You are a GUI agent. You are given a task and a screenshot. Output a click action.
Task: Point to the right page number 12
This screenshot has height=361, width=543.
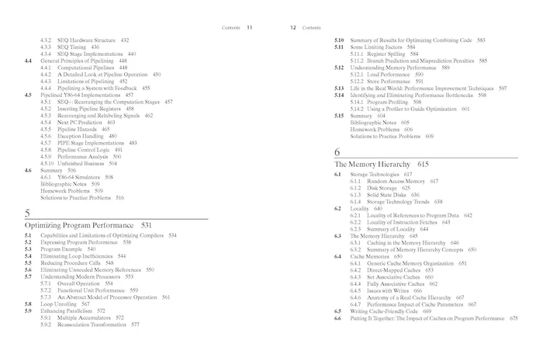pyautogui.click(x=294, y=27)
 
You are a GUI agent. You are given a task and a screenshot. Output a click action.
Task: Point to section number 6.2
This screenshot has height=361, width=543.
pyautogui.click(x=337, y=208)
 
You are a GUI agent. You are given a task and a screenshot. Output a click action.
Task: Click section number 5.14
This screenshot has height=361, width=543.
pyautogui.click(x=339, y=95)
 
